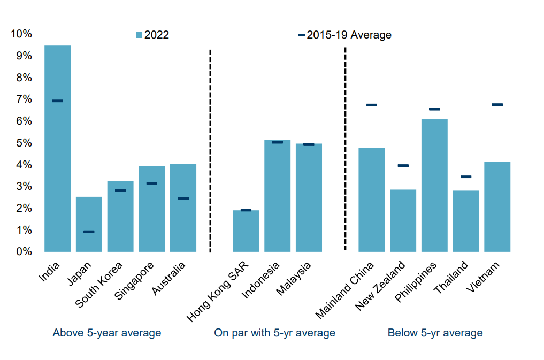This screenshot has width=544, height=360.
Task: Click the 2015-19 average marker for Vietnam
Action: click(x=497, y=105)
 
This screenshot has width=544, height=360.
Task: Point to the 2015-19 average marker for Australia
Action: click(x=183, y=198)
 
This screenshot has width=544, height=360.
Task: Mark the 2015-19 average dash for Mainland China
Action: click(x=371, y=105)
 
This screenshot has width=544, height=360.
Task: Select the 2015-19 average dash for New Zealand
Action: click(x=403, y=166)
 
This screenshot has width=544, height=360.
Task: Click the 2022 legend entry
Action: click(x=153, y=35)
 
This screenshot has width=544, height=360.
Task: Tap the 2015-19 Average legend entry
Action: click(x=345, y=35)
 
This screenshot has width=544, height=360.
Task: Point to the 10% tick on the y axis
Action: click(x=21, y=34)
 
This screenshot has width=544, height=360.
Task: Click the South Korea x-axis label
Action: click(x=100, y=285)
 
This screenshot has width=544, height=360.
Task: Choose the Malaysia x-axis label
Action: click(x=293, y=278)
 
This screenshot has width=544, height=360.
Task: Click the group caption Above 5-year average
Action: click(x=106, y=333)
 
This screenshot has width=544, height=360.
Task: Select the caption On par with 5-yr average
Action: click(x=274, y=333)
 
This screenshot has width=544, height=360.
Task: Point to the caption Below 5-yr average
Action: click(x=435, y=333)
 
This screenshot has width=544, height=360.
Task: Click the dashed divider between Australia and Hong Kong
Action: click(x=210, y=150)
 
